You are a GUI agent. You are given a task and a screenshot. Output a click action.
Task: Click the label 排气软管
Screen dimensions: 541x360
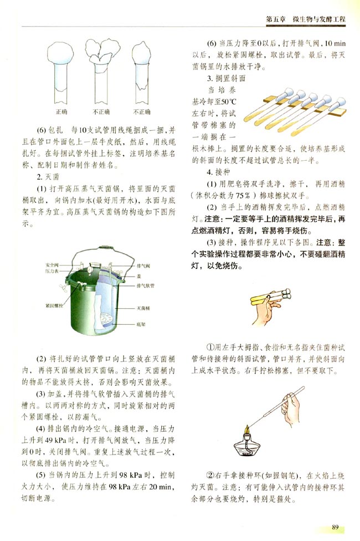tap(145, 286)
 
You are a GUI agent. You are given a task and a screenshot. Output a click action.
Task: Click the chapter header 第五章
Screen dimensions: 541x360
tap(275, 19)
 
